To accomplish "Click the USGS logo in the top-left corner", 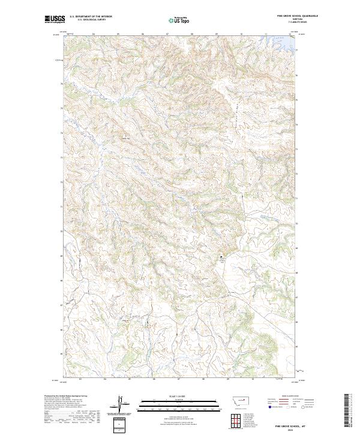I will tap(55, 20).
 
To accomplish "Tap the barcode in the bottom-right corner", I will tap(346, 411).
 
